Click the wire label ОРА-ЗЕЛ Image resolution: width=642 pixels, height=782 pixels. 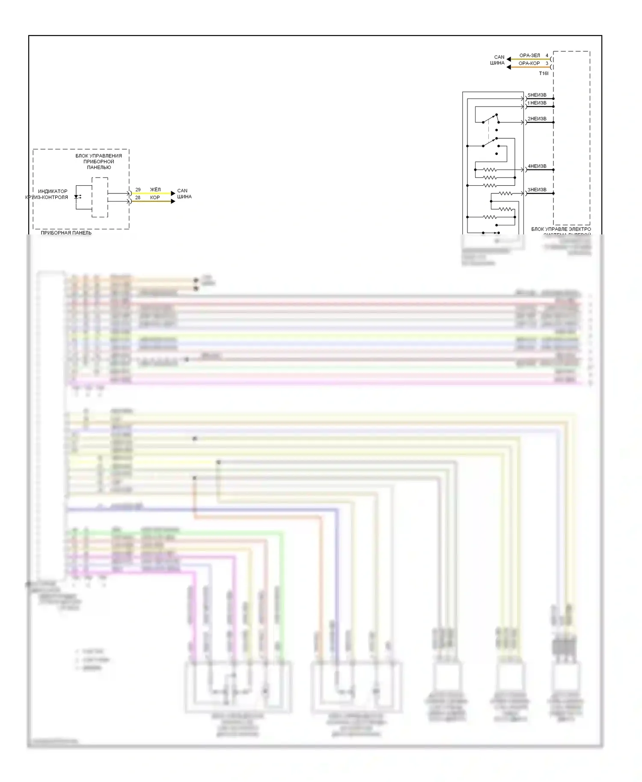pyautogui.click(x=529, y=56)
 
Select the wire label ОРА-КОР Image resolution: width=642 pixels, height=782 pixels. pyautogui.click(x=529, y=63)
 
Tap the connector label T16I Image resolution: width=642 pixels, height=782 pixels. pyautogui.click(x=543, y=74)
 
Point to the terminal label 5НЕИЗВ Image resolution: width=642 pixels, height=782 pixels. pyautogui.click(x=537, y=95)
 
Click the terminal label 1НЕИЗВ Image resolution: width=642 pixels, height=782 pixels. pyautogui.click(x=537, y=103)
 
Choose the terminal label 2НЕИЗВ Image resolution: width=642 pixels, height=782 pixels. pyautogui.click(x=537, y=119)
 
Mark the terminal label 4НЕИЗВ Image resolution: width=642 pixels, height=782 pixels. pyautogui.click(x=537, y=166)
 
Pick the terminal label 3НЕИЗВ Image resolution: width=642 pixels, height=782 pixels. pyautogui.click(x=537, y=190)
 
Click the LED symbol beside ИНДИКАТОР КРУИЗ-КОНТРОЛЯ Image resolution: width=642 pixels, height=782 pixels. pyautogui.click(x=77, y=197)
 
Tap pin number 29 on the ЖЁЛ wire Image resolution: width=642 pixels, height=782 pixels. pyautogui.click(x=138, y=190)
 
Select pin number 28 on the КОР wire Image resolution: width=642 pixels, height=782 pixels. pyautogui.click(x=138, y=198)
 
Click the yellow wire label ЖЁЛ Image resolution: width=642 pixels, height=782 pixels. pyautogui.click(x=155, y=190)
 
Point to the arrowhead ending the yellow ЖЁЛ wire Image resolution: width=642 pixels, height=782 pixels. pyautogui.click(x=173, y=193)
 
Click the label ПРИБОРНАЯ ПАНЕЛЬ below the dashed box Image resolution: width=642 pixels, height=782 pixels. pyautogui.click(x=66, y=233)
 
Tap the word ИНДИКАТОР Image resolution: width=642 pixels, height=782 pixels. pyautogui.click(x=53, y=191)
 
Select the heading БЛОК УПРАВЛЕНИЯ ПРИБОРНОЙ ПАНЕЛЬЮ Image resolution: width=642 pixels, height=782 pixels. pyautogui.click(x=98, y=162)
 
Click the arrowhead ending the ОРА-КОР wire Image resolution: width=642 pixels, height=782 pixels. pyautogui.click(x=508, y=67)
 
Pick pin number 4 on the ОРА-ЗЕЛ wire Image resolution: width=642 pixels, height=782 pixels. pyautogui.click(x=547, y=56)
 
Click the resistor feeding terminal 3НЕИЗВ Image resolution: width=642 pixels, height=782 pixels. pyautogui.click(x=505, y=194)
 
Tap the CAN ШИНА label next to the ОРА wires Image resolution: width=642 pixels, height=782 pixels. pyautogui.click(x=498, y=60)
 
